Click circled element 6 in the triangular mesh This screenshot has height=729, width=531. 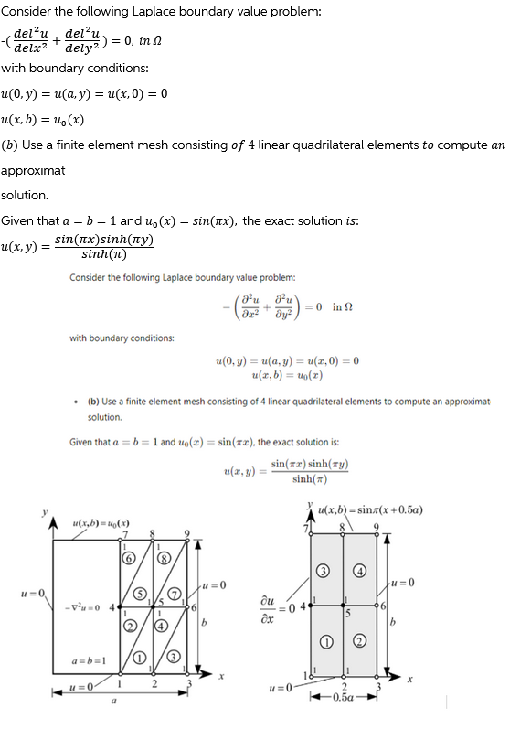click(128, 556)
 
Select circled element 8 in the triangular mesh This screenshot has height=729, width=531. click(165, 556)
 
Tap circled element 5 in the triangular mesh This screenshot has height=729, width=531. click(142, 593)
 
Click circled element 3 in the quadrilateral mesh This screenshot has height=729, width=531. click(323, 573)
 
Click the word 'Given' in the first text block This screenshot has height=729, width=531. click(18, 220)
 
